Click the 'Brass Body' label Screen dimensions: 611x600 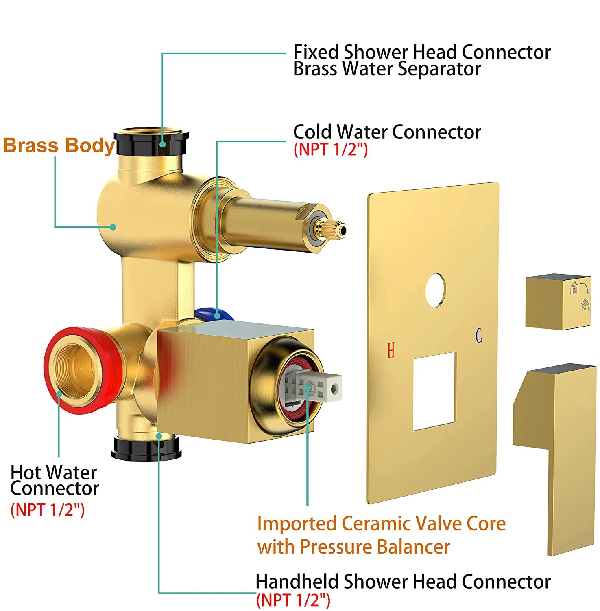coord(59,145)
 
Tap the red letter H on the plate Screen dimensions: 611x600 coord(391,350)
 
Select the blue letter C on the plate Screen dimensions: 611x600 coord(479,335)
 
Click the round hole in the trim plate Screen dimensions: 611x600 coord(435,290)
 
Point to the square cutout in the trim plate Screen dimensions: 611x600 coord(434,391)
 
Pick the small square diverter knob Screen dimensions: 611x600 coord(557,301)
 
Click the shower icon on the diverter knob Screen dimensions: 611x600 coord(574,287)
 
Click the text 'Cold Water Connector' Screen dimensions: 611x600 coord(387,132)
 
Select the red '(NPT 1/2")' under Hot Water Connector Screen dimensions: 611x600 coord(48,510)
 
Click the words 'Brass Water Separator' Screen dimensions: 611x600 coord(387,68)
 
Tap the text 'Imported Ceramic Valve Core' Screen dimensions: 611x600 coord(381,523)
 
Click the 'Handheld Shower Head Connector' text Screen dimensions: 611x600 coord(403,581)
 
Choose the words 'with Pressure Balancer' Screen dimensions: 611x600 coord(354,547)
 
